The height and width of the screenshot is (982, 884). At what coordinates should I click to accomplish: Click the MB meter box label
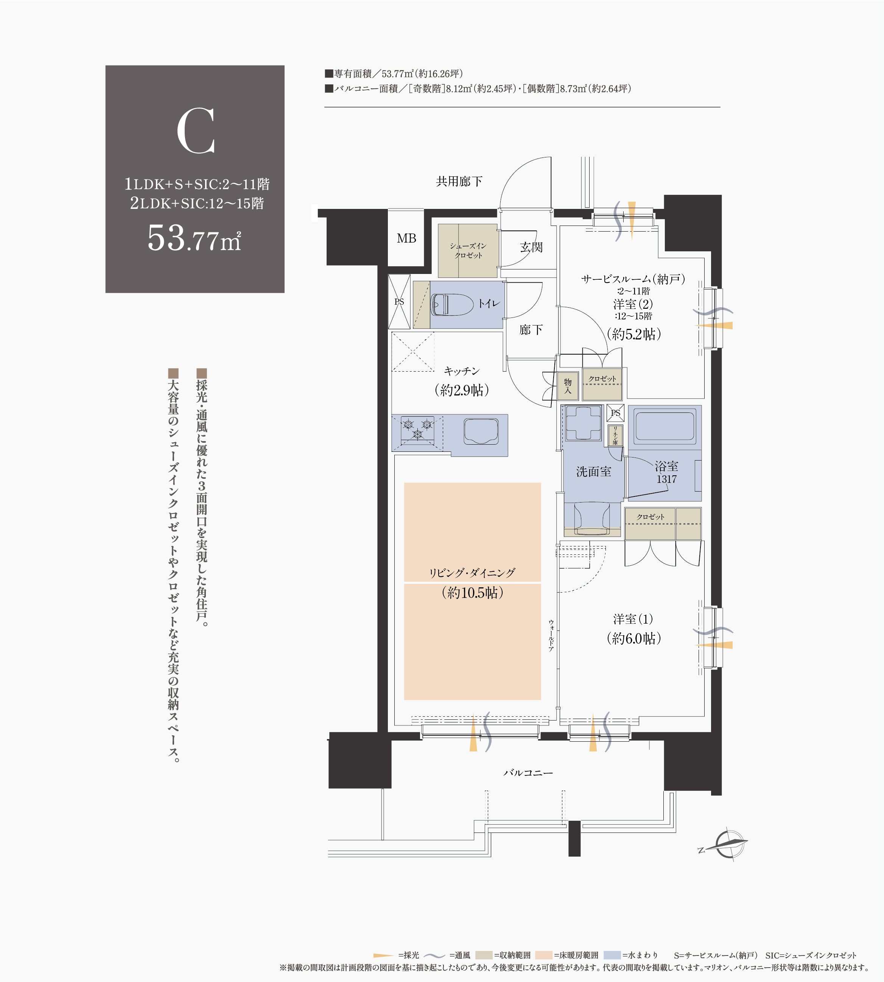pyautogui.click(x=406, y=238)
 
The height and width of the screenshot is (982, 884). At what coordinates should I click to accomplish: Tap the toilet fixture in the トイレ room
pyautogui.click(x=452, y=305)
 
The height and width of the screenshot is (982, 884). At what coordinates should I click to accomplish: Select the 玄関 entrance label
pyautogui.click(x=531, y=247)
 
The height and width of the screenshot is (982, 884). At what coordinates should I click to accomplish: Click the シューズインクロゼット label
pyautogui.click(x=468, y=251)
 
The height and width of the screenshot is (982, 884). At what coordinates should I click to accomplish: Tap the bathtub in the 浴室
pyautogui.click(x=664, y=426)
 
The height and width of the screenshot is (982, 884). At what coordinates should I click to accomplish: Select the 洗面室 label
pyautogui.click(x=593, y=472)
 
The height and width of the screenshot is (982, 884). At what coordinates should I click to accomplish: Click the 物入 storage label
pyautogui.click(x=567, y=386)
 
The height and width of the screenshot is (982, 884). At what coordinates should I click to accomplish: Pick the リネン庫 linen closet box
pyautogui.click(x=615, y=436)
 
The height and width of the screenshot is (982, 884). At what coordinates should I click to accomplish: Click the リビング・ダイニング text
pyautogui.click(x=472, y=573)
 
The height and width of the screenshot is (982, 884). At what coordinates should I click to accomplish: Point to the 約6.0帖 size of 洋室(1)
pyautogui.click(x=634, y=638)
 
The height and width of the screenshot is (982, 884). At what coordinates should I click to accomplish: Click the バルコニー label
pyautogui.click(x=528, y=773)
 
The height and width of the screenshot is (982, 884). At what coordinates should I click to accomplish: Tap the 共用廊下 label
pyautogui.click(x=459, y=182)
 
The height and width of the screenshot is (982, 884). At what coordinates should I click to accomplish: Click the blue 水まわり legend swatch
pyautogui.click(x=612, y=955)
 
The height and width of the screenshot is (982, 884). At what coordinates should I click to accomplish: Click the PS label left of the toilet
pyautogui.click(x=399, y=302)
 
